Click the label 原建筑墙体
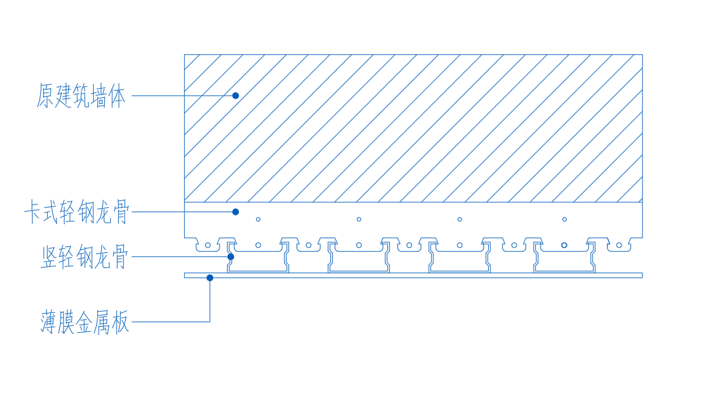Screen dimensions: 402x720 click(x=81, y=96)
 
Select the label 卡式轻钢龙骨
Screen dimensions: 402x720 click(x=77, y=213)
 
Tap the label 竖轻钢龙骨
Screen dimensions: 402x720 click(x=84, y=257)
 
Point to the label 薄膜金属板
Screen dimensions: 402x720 click(x=84, y=322)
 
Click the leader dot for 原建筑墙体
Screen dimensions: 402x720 click(x=235, y=96)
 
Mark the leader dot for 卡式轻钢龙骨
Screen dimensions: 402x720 click(x=235, y=212)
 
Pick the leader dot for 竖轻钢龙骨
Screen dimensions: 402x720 click(x=231, y=257)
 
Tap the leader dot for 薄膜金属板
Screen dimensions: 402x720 click(x=210, y=278)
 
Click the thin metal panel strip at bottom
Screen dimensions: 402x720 click(x=413, y=276)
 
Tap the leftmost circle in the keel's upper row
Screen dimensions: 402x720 click(x=258, y=220)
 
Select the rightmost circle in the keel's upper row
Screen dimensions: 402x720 click(x=564, y=220)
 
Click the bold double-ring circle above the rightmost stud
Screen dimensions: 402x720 click(x=564, y=245)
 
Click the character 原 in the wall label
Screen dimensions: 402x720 click(x=45, y=96)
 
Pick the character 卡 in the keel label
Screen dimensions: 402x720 click(x=33, y=213)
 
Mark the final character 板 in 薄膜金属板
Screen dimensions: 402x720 click(x=119, y=322)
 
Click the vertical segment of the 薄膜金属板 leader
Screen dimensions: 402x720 click(x=210, y=300)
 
